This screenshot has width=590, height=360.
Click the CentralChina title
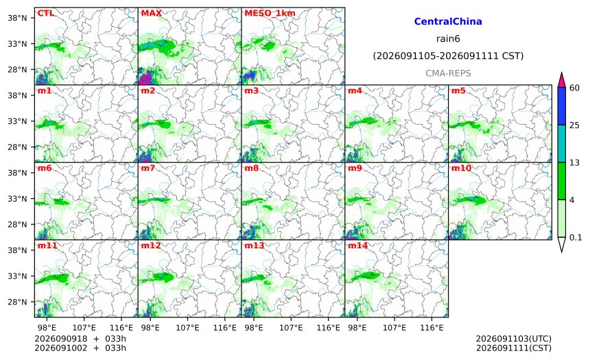tap(448, 21)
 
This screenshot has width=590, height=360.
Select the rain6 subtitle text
tap(448, 39)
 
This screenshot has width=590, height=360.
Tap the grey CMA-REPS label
tap(448, 73)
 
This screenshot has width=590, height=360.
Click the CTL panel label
tap(45, 13)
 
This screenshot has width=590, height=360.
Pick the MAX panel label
tap(151, 13)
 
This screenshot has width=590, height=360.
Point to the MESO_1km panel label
tap(270, 13)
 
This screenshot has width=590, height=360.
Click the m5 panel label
tap(458, 91)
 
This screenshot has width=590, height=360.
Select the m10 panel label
tap(461, 168)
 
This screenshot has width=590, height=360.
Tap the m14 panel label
tap(357, 245)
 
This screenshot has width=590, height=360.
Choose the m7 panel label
tap(148, 168)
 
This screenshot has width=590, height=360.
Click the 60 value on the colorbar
tap(574, 88)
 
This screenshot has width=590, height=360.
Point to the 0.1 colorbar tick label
tap(576, 237)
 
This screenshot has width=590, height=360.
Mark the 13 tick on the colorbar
tap(574, 163)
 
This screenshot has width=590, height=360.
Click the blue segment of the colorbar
tap(561, 106)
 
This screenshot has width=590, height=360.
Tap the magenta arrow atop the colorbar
tap(561, 80)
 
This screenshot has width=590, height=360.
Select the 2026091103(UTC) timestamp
tap(514, 339)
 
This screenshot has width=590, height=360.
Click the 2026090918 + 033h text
tap(80, 339)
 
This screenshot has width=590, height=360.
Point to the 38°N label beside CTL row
tap(17, 18)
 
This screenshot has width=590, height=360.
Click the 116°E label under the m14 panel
tap(432, 328)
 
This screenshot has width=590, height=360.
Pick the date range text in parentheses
tap(448, 56)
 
